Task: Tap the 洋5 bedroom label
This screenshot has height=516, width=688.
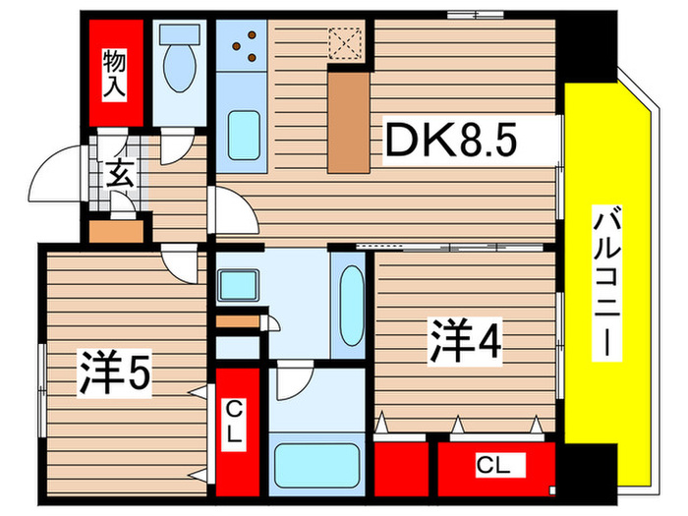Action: pyautogui.click(x=116, y=374)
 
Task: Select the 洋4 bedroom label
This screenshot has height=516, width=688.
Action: pyautogui.click(x=465, y=341)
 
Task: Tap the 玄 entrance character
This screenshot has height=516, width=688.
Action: pyautogui.click(x=119, y=177)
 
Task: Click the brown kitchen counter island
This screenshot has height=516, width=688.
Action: pyautogui.click(x=347, y=123)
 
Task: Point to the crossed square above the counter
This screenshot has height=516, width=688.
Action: pyautogui.click(x=346, y=43)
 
